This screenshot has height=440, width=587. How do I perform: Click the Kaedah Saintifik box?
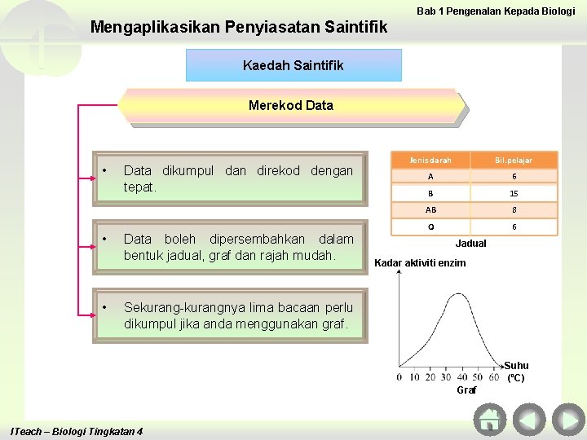point(293,65)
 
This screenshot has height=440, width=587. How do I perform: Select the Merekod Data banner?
point(291,106)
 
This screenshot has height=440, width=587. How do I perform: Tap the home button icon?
point(489,420)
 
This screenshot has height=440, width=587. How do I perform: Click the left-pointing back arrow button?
point(528,420)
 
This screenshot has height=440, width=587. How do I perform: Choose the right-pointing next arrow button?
point(567,420)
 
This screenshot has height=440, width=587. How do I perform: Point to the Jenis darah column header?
point(430,161)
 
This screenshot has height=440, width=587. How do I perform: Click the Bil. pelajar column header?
point(514,161)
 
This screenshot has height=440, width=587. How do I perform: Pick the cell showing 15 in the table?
point(514,194)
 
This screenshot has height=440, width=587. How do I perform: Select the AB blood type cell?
point(430,210)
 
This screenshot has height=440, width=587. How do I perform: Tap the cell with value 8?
point(514,210)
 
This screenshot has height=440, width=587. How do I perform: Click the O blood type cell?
point(430,227)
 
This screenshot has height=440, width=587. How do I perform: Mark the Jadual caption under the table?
point(470,244)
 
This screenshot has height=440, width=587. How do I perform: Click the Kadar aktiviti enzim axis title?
point(419,263)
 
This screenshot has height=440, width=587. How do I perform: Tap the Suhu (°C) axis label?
point(516,372)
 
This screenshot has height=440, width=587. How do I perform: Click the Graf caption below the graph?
point(466,390)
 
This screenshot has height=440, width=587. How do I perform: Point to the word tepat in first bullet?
point(139,187)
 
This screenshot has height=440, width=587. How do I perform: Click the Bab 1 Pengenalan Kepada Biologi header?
point(496,11)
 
